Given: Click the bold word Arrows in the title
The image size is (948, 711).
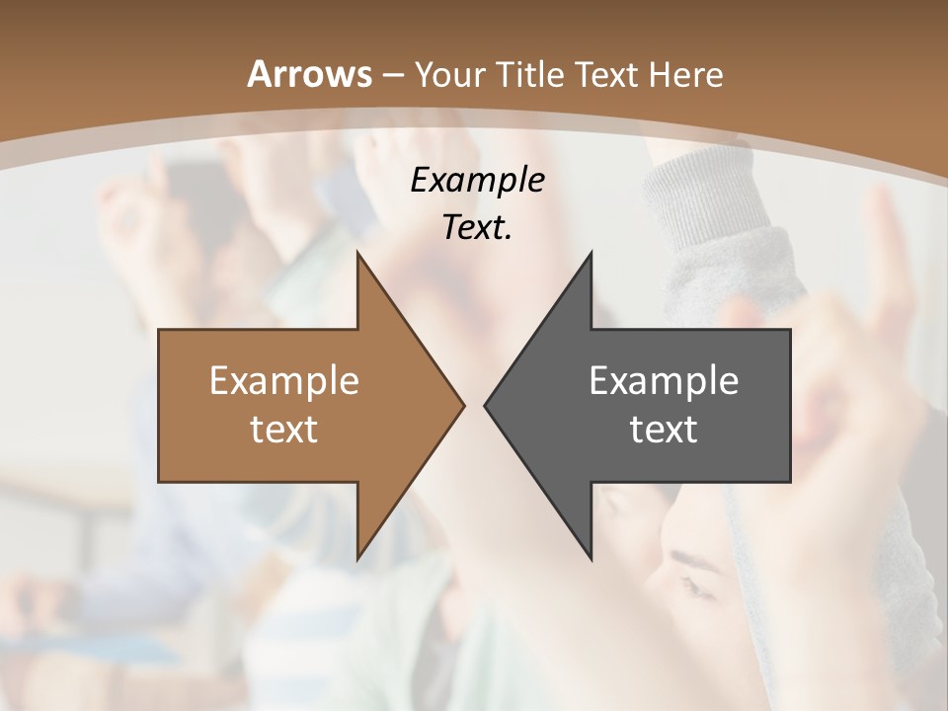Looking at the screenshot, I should pyautogui.click(x=310, y=74).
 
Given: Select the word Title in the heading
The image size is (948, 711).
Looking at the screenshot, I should pyautogui.click(x=532, y=74).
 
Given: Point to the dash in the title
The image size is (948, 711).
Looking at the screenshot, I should pyautogui.click(x=393, y=75).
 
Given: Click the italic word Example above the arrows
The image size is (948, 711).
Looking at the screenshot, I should pyautogui.click(x=477, y=181).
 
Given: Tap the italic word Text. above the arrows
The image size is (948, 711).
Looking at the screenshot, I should pyautogui.click(x=477, y=228).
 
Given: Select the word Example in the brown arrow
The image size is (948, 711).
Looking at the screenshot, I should pyautogui.click(x=284, y=380).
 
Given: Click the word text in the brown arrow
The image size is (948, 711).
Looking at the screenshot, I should pyautogui.click(x=284, y=429).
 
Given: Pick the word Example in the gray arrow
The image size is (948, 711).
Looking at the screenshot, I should pyautogui.click(x=664, y=380).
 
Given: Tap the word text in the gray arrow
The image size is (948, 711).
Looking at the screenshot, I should pyautogui.click(x=664, y=429).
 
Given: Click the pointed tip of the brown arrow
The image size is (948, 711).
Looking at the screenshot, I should pyautogui.click(x=463, y=405).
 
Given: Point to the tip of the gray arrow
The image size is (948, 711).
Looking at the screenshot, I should pyautogui.click(x=485, y=405).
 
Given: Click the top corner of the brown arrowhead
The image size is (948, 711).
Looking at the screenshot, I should pyautogui.click(x=357, y=253).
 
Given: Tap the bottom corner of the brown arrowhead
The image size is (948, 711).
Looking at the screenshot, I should pyautogui.click(x=357, y=558).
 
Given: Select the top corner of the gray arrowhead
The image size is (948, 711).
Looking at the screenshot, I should pyautogui.click(x=591, y=253).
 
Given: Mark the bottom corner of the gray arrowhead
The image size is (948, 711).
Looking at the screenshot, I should pyautogui.click(x=591, y=558).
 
